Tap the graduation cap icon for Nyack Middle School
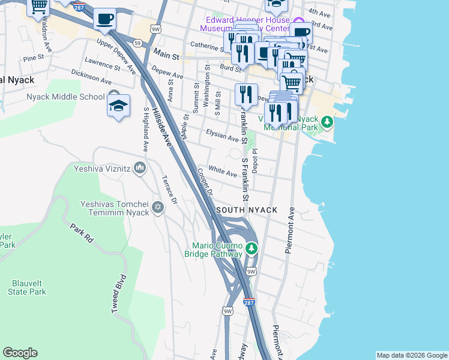[x=119, y=106]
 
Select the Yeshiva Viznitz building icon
[x=140, y=167]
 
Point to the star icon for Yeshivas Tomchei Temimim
[x=158, y=208]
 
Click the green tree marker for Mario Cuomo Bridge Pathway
[x=251, y=247]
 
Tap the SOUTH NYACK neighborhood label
[x=247, y=210]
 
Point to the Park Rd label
[x=81, y=233]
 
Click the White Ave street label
[x=222, y=172]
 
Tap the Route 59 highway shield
[x=137, y=43]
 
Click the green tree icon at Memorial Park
[x=327, y=122]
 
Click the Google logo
[x=20, y=353]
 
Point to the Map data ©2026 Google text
[x=411, y=355]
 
